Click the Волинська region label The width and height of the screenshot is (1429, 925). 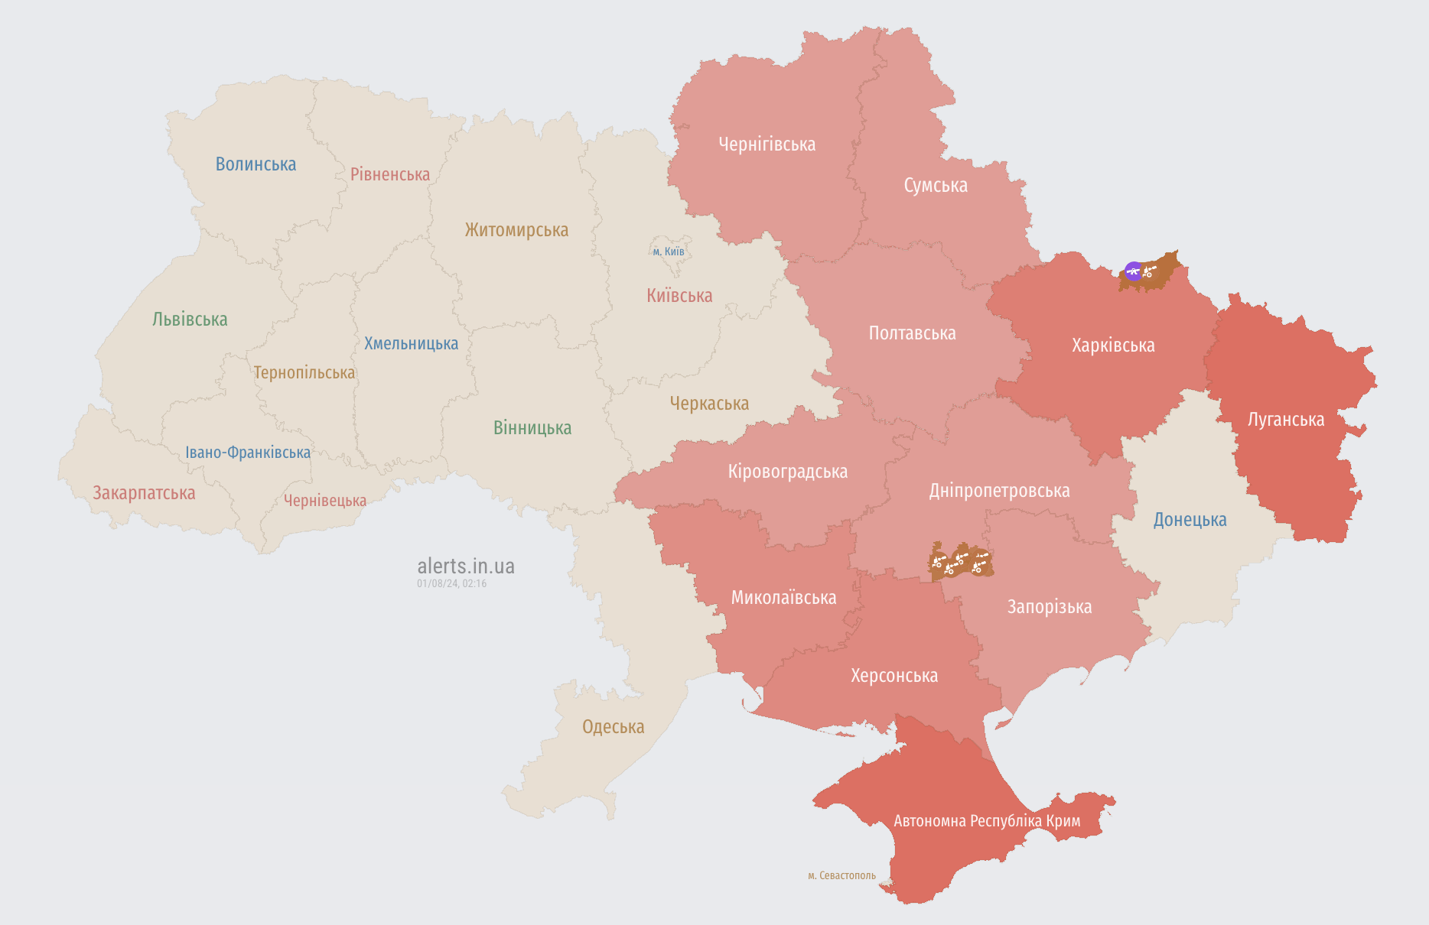tap(256, 164)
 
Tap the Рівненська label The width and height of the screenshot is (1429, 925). tap(390, 174)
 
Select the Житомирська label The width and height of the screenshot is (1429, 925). tap(516, 230)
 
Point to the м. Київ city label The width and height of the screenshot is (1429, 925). tap(669, 252)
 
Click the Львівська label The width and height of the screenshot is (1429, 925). tap(190, 320)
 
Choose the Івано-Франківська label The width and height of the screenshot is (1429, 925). tap(248, 453)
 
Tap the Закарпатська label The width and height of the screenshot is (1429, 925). tap(144, 493)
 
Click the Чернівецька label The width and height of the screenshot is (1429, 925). tap(325, 501)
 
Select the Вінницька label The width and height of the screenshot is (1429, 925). tap(532, 428)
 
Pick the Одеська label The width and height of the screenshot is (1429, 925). tap(613, 727)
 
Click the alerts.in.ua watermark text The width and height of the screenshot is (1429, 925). tap(466, 566)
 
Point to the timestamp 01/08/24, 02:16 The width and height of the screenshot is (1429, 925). tap(451, 583)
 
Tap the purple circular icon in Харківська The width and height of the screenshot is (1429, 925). tap(1133, 271)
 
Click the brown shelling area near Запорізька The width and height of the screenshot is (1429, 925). tap(961, 563)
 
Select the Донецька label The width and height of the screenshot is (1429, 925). tap(1190, 520)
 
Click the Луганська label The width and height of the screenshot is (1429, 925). tap(1285, 420)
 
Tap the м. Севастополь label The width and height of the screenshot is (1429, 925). tap(841, 875)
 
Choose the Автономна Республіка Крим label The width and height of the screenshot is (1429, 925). tap(987, 821)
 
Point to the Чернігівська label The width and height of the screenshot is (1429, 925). tap(767, 144)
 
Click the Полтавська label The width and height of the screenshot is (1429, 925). tap(912, 333)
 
